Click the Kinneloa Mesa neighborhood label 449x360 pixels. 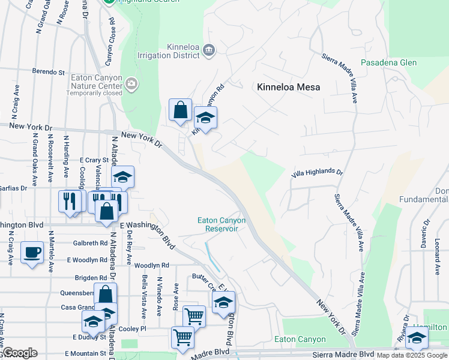click(x=288, y=87)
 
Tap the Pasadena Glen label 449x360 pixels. click(x=388, y=62)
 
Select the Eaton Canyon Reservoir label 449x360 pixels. click(x=221, y=224)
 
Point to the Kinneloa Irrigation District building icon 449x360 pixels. click(x=208, y=49)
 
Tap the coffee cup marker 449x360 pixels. click(x=32, y=252)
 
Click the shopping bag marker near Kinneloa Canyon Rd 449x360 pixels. click(x=180, y=110)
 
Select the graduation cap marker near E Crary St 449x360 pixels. click(x=122, y=177)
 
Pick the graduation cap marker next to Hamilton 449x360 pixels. click(x=417, y=338)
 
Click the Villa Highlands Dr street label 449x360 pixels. click(x=317, y=172)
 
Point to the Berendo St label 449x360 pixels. click(x=49, y=72)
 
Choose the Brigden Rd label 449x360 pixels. click(x=91, y=278)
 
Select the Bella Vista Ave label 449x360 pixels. click(x=144, y=297)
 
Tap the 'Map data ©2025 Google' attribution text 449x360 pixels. click(x=412, y=355)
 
